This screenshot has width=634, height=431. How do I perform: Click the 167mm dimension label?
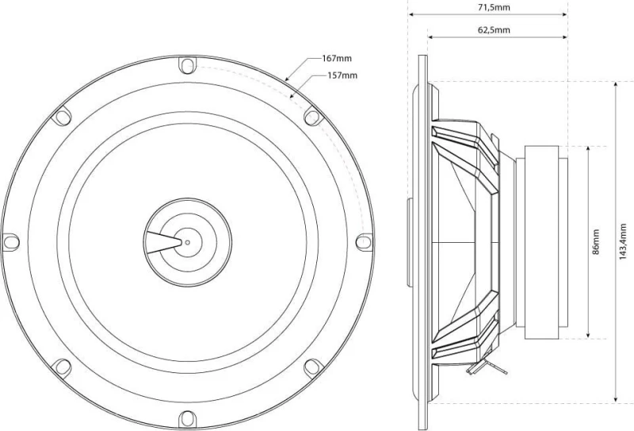(337, 58)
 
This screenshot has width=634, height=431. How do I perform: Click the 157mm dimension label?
(342, 75)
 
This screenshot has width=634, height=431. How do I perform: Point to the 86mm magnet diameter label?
(596, 242)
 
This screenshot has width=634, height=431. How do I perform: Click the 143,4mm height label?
(623, 242)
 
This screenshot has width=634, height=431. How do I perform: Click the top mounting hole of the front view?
(187, 65)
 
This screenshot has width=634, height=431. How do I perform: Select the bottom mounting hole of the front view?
(187, 418)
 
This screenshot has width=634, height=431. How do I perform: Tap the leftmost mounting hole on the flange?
(11, 242)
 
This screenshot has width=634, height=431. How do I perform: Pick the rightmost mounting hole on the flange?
(364, 242)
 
